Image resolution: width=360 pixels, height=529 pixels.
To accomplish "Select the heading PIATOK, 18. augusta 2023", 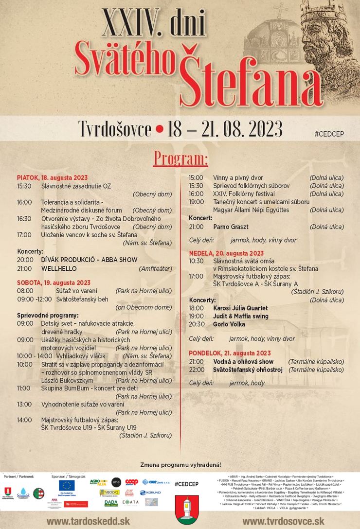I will tap(52, 178).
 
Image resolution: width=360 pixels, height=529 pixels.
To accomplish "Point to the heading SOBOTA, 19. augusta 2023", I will tap(54, 282).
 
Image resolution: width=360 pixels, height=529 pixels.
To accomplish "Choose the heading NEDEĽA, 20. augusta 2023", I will tap(226, 253).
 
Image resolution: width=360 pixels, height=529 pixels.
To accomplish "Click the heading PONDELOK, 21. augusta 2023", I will tap(230, 353).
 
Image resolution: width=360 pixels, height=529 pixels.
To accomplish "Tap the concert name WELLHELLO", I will tap(59, 268).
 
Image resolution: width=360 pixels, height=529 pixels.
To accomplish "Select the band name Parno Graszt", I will tap(231, 227).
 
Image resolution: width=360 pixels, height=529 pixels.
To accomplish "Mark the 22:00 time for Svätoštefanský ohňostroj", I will tap(196, 370).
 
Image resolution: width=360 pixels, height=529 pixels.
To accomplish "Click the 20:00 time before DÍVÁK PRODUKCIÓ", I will tap(25, 260).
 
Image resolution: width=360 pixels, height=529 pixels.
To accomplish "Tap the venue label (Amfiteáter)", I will tap(155, 268).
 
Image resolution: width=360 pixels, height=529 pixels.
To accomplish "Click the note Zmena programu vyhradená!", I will tap(180, 465).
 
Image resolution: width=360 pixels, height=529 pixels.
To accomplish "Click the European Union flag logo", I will tap(67, 486).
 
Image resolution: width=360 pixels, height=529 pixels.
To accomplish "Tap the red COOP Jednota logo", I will tap(131, 482).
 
